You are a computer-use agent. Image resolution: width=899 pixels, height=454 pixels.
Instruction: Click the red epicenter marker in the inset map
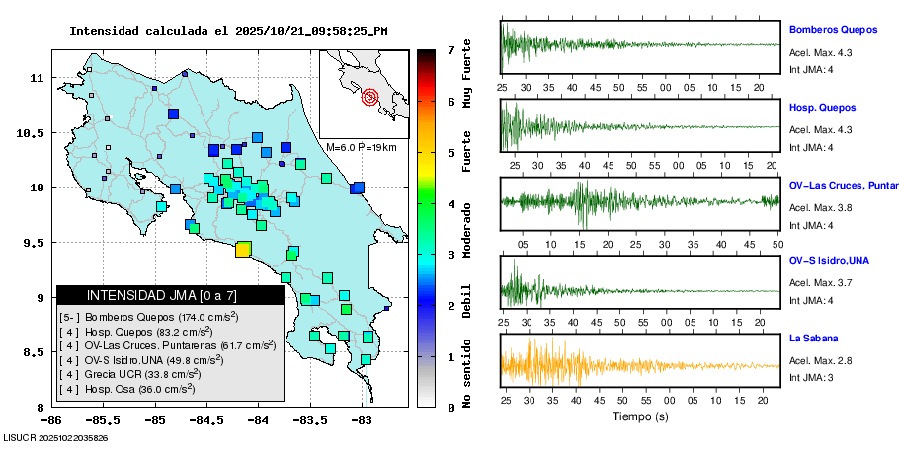[370, 97]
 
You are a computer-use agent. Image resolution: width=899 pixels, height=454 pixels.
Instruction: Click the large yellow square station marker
[243, 249]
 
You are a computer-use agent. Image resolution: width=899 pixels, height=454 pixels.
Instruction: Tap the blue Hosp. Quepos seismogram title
[822, 107]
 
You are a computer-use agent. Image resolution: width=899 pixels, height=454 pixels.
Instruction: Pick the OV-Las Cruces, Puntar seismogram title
[843, 185]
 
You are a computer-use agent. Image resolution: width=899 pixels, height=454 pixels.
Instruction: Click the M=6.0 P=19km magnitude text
[361, 147]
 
